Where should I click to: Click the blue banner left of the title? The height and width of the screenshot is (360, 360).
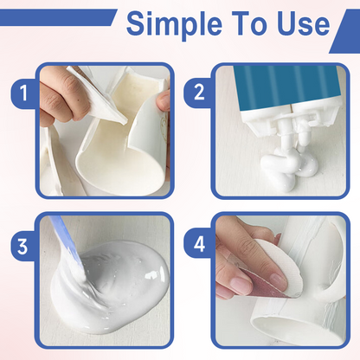52,17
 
